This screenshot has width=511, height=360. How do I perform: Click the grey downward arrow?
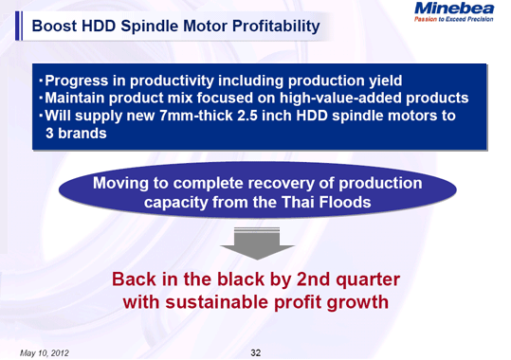(255, 245)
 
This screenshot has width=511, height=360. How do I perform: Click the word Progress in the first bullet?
(77, 80)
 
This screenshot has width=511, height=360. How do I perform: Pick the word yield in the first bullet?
(383, 80)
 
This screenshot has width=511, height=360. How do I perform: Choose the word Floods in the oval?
(355, 202)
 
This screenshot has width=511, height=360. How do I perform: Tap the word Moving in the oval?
(123, 183)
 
